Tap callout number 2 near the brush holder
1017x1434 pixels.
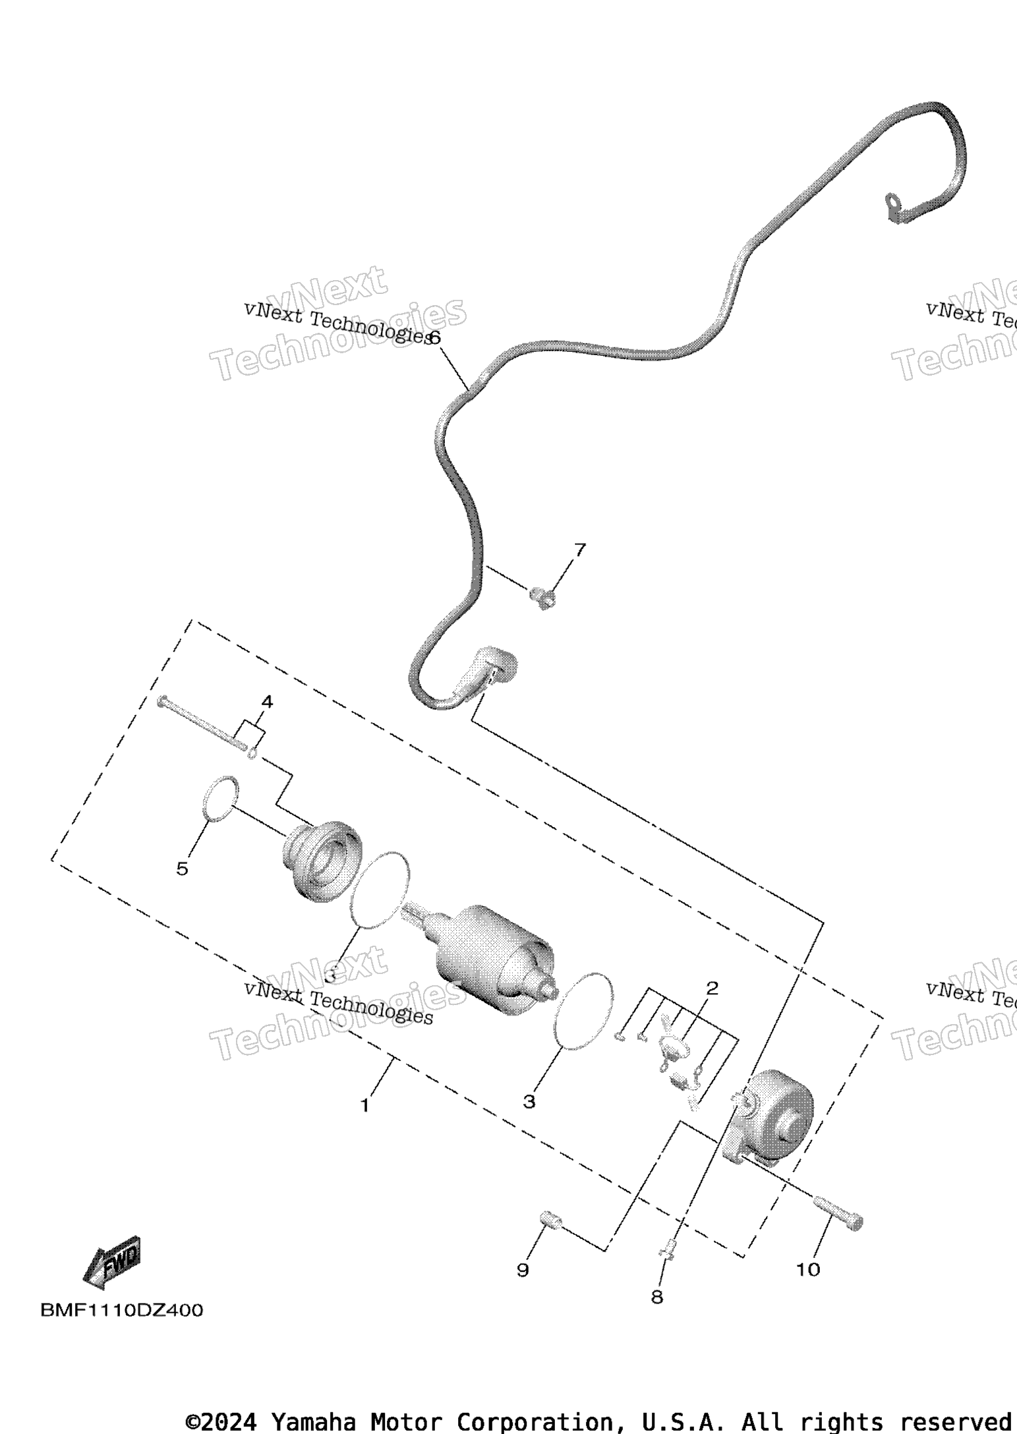712,989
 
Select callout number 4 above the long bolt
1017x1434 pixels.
267,702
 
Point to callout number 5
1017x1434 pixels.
183,869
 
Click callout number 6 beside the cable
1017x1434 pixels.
434,337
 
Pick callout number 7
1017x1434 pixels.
580,550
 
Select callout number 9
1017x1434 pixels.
523,1270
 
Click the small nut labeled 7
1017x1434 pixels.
542,598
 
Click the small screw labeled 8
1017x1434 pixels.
667,1248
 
